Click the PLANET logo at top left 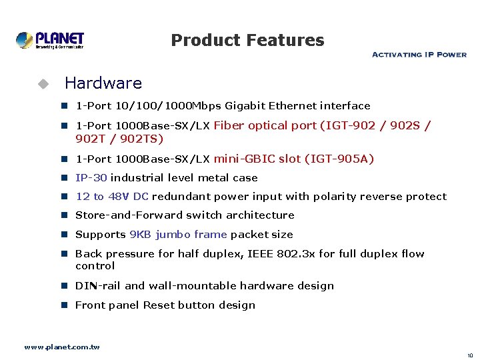tap(50, 40)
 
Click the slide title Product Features tap(247, 40)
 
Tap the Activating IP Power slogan tap(419, 55)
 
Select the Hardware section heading tap(103, 83)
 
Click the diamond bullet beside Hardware tap(43, 84)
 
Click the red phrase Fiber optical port tap(265, 125)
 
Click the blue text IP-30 tap(91, 178)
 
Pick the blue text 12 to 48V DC tap(112, 197)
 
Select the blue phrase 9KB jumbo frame tap(178, 235)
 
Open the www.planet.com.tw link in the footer tap(62, 347)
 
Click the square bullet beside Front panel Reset tap(66, 305)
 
